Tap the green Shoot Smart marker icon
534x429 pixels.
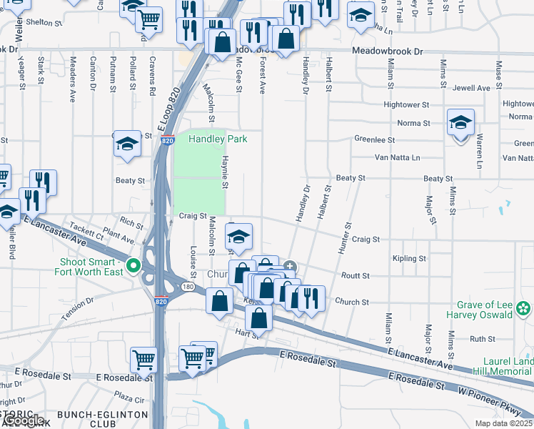click(x=133, y=267)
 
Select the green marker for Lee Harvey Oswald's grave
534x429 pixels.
click(x=524, y=308)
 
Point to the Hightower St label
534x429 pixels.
click(x=406, y=104)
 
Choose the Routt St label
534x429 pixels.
click(x=355, y=275)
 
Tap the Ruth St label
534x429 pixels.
click(x=483, y=339)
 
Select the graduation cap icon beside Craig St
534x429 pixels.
click(x=238, y=237)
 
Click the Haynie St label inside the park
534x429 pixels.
click(x=224, y=172)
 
